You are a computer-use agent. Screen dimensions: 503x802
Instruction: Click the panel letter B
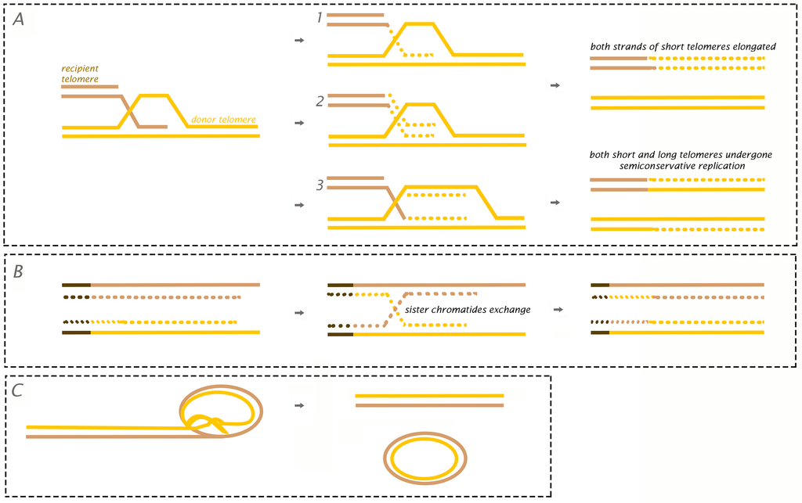pos(18,271)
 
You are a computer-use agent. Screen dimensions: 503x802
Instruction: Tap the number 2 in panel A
pos(319,102)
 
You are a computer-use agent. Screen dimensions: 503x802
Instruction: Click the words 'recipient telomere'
pos(81,73)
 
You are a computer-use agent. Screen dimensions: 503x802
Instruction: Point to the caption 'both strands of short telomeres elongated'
pos(683,47)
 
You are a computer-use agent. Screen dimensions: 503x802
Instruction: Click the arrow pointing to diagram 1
pos(298,41)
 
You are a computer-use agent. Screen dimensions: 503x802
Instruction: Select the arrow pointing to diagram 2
pos(298,124)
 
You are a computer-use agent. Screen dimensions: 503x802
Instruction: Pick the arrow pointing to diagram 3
pos(298,205)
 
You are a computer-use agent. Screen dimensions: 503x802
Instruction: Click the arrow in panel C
pos(299,406)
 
